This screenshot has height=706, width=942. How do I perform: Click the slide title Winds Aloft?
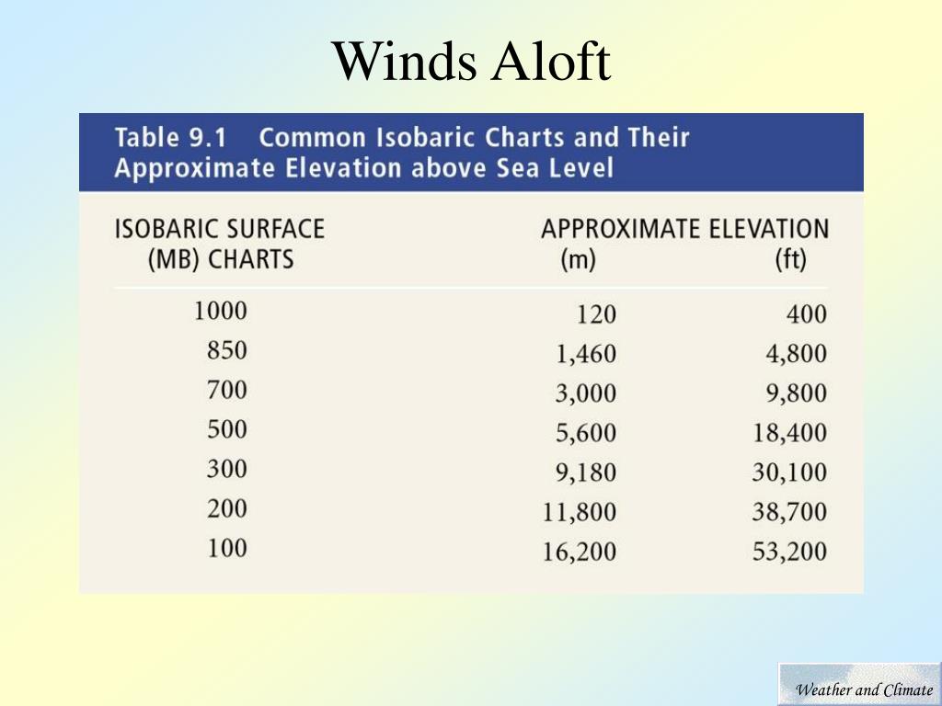(472, 62)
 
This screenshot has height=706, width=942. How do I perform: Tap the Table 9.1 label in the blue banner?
(170, 138)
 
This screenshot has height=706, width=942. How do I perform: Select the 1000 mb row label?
(221, 311)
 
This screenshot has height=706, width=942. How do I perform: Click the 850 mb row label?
(227, 350)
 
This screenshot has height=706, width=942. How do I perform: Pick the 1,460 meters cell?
(586, 354)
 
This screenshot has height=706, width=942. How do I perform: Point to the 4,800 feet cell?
(796, 354)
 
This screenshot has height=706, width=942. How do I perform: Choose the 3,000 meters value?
(586, 393)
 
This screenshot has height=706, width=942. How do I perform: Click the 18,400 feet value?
(790, 433)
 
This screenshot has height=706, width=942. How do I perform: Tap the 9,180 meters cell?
(586, 473)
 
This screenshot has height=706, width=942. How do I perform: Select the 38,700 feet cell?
(790, 512)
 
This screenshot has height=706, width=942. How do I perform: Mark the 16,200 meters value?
(580, 552)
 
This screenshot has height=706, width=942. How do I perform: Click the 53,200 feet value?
(790, 552)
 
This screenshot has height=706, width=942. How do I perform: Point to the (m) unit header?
(578, 260)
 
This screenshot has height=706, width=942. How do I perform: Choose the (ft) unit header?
(790, 260)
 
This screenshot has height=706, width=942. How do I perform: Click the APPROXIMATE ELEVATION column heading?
(684, 229)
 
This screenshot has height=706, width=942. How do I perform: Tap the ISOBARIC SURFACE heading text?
(220, 229)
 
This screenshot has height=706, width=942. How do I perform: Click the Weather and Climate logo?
(860, 684)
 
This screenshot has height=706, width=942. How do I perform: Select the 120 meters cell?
(596, 314)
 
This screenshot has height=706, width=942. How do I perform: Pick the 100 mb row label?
(227, 549)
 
